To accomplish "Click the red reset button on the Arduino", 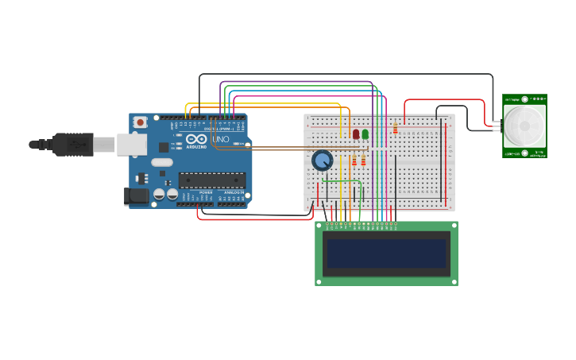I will click(x=140, y=122).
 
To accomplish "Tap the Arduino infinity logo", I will click(x=197, y=140).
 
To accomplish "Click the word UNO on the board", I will click(x=221, y=140).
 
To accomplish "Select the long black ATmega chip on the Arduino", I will click(x=211, y=180).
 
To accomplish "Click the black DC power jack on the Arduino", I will click(x=136, y=195).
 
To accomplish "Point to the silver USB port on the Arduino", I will click(x=132, y=144).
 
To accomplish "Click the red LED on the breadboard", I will click(x=356, y=134).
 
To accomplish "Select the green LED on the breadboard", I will click(x=365, y=134).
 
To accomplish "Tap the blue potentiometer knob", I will click(x=322, y=161).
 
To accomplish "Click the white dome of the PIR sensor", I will click(x=524, y=126).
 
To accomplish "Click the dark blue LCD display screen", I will click(x=386, y=254).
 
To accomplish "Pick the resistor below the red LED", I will click(x=354, y=161).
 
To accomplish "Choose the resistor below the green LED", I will click(x=364, y=161).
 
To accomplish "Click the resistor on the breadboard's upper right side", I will click(x=395, y=128).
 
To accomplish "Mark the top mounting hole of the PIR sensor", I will click(x=524, y=99).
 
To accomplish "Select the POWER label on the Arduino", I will click(x=206, y=192).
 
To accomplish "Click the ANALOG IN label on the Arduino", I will click(x=234, y=192).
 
